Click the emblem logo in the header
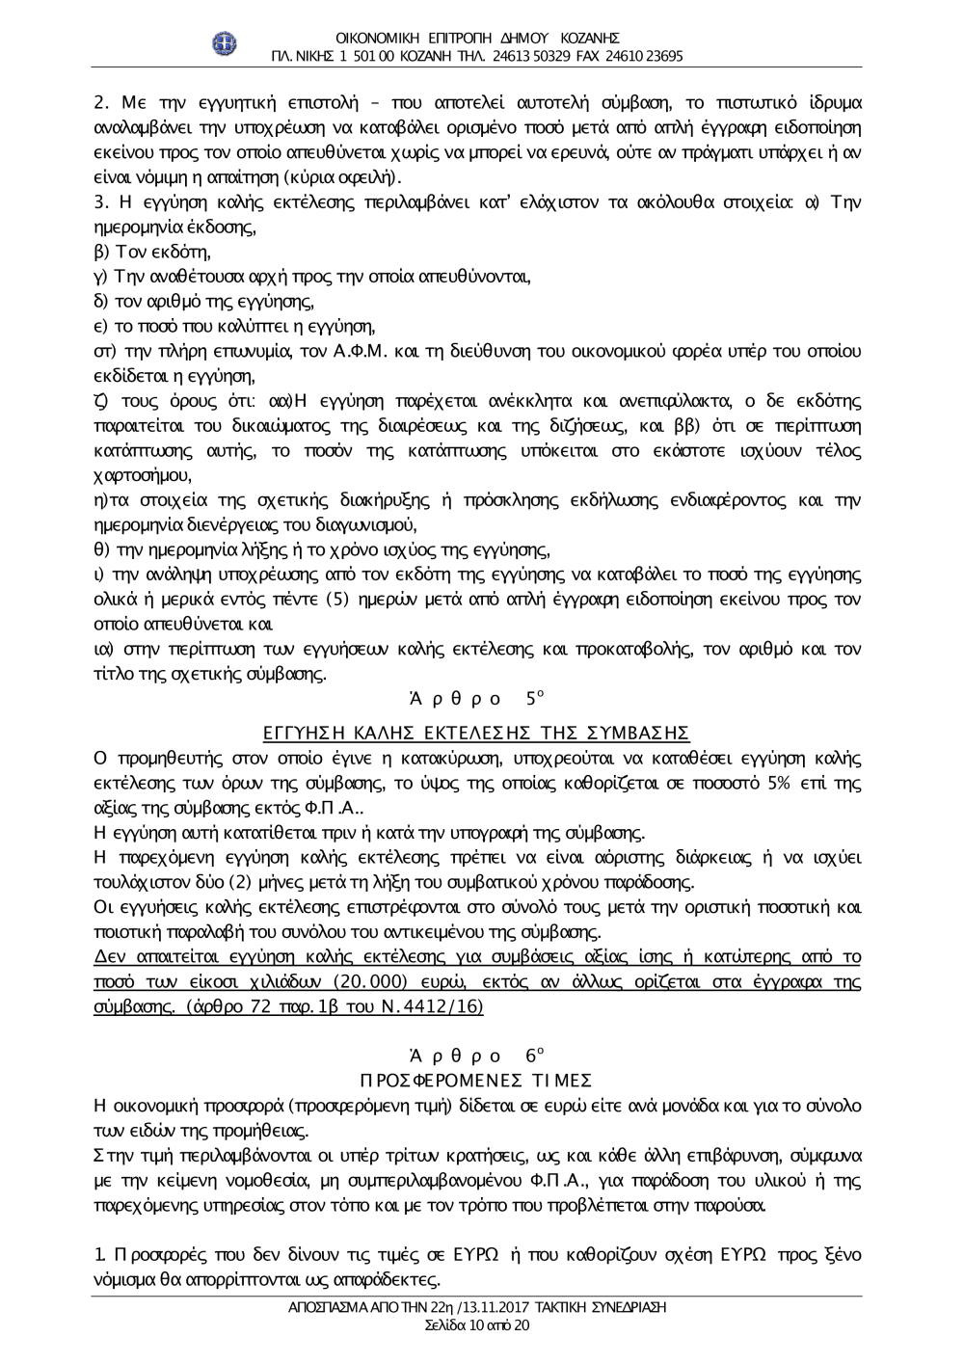[225, 44]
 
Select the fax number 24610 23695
[644, 56]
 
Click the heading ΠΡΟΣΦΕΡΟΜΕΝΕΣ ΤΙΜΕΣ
[476, 1080]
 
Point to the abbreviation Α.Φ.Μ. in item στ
[361, 352]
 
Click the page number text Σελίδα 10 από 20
[476, 1325]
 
